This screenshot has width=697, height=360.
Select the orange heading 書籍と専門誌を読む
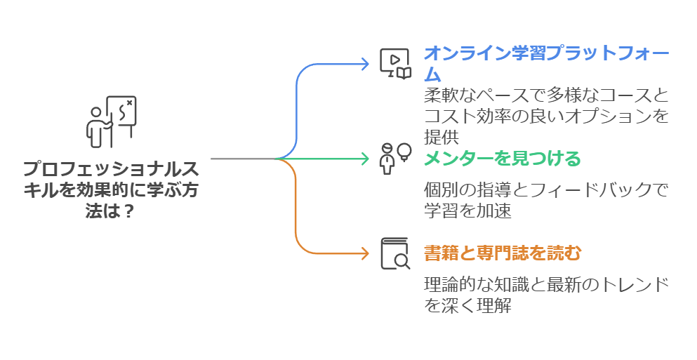point(503,253)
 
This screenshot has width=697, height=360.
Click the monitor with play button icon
point(395,63)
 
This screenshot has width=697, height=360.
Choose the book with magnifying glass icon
point(395,253)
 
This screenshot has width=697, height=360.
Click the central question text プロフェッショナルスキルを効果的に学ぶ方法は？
point(111,189)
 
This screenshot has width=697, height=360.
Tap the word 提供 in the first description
point(440,137)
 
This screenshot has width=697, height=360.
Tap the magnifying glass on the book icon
point(402,262)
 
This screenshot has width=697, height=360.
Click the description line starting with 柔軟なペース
point(546,95)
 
